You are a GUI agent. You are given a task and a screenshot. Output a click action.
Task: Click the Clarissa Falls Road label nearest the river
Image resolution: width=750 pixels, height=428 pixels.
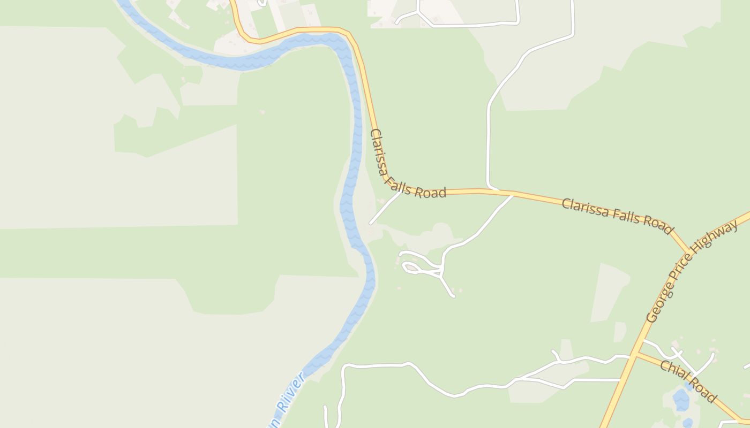(x=407, y=165)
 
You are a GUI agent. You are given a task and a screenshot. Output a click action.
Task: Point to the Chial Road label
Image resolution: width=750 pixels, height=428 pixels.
(x=688, y=381)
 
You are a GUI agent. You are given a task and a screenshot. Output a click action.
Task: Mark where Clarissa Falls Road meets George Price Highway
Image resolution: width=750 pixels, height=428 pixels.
(x=688, y=252)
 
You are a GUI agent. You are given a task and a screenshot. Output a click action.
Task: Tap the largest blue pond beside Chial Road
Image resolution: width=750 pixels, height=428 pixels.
(x=680, y=399)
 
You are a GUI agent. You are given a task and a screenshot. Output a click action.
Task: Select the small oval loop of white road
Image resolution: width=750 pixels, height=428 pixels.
(x=412, y=267)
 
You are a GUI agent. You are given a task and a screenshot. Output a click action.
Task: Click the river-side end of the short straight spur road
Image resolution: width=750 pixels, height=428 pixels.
(x=370, y=223)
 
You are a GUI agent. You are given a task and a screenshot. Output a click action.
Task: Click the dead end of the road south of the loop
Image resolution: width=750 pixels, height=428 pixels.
(x=454, y=295)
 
